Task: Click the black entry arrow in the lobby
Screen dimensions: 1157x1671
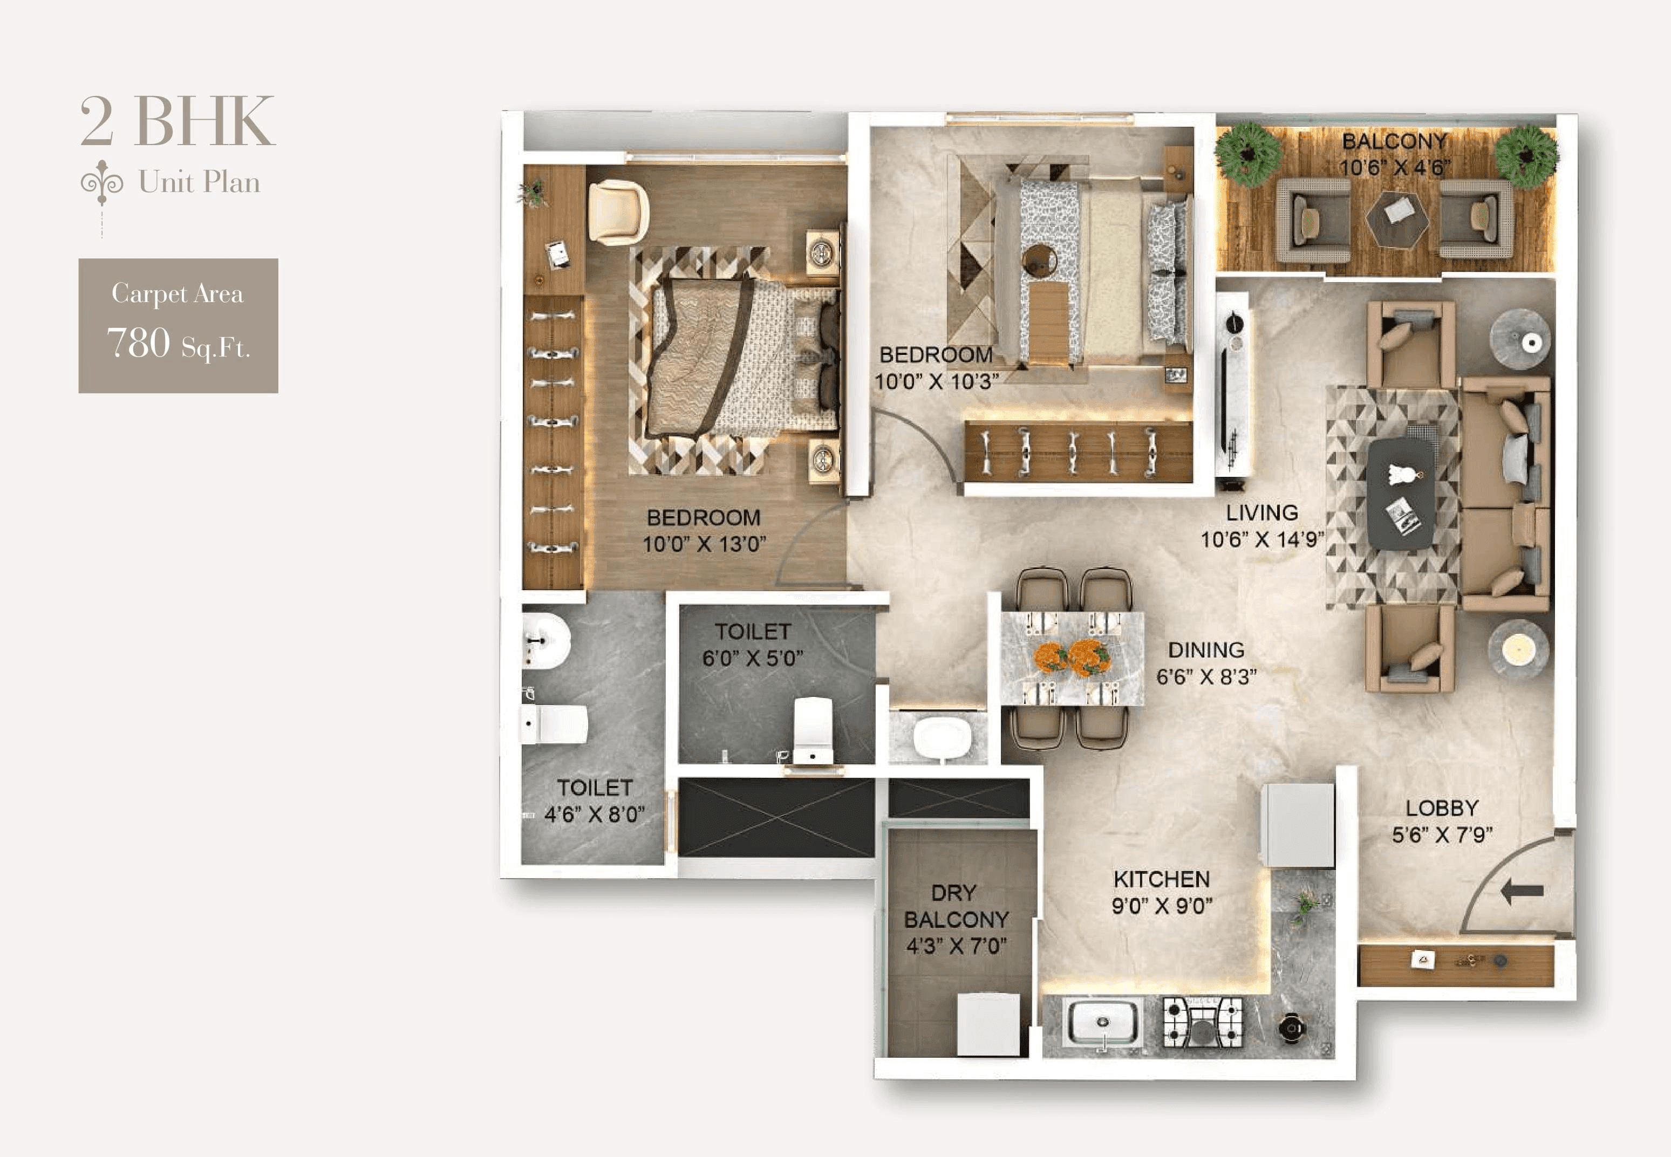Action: [1521, 892]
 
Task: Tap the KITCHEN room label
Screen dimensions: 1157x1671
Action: [1161, 879]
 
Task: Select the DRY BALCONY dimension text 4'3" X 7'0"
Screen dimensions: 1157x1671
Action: [956, 946]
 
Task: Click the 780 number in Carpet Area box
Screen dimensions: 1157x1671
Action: [139, 343]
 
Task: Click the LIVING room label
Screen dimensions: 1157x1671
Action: [1261, 512]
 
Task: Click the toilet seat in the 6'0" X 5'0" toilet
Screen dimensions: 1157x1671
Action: [812, 729]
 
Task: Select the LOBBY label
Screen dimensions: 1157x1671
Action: [1441, 809]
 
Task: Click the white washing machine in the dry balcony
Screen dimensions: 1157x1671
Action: [987, 1024]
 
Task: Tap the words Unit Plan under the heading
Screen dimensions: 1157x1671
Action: [199, 182]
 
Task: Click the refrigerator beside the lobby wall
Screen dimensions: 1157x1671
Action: [1298, 825]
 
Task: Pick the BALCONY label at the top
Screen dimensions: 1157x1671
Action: [1394, 141]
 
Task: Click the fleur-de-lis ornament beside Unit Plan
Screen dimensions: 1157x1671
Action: [101, 182]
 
